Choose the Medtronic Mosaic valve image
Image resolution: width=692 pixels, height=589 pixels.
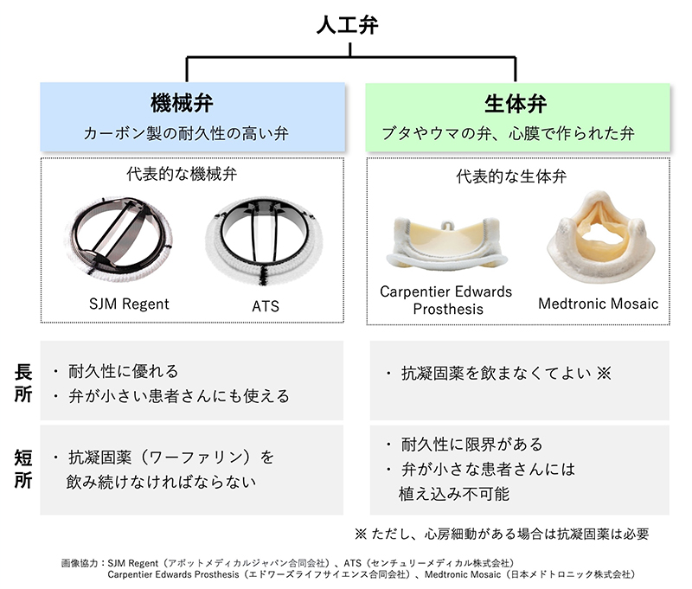click(x=599, y=239)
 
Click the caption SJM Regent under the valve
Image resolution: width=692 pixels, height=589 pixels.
click(x=130, y=304)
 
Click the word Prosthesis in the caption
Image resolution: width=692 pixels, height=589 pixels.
click(x=446, y=309)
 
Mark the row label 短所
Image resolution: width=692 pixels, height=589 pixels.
click(x=23, y=467)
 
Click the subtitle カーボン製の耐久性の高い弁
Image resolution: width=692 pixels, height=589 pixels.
click(x=191, y=134)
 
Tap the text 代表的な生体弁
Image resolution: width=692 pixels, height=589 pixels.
click(x=512, y=177)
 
